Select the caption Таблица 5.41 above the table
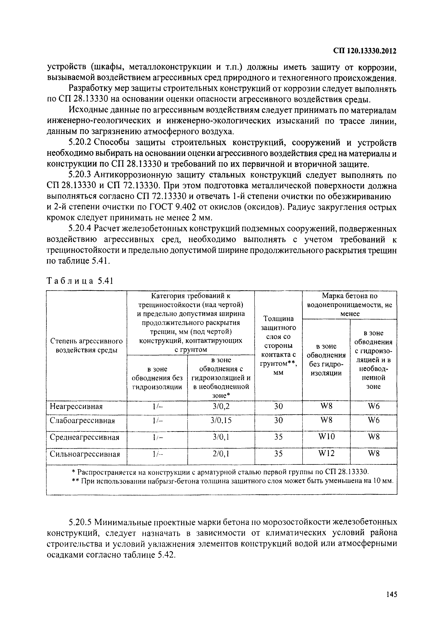click(x=79, y=281)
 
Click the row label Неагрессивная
click(x=76, y=407)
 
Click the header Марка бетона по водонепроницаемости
click(x=349, y=305)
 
